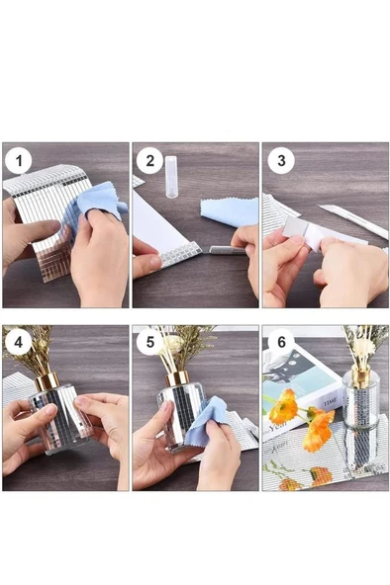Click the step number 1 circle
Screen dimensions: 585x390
click(19, 160)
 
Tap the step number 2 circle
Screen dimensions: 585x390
click(150, 160)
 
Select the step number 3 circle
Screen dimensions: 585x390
click(281, 160)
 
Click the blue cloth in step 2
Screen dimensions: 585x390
click(229, 209)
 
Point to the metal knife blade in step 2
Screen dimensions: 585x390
click(220, 250)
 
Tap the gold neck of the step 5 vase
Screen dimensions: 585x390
click(176, 377)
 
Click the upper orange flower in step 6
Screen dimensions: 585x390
click(284, 405)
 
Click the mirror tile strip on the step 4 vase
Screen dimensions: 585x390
click(57, 415)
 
